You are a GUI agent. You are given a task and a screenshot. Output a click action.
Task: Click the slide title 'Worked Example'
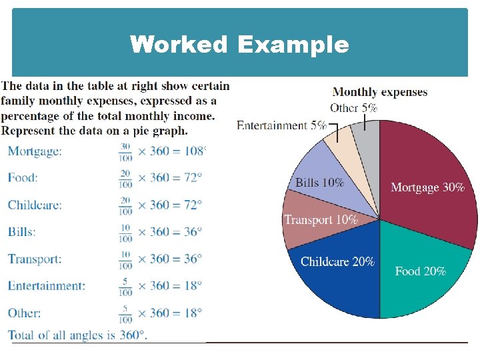coord(239,45)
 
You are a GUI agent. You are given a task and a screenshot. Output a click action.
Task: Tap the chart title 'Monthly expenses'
coord(379,92)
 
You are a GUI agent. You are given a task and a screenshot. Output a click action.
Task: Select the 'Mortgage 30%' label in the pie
coord(427,187)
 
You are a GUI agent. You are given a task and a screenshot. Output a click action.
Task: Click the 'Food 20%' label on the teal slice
coord(420,271)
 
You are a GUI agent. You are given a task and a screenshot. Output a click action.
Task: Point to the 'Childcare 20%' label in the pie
coord(337,261)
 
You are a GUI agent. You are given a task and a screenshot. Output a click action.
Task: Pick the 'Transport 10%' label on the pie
coord(321,219)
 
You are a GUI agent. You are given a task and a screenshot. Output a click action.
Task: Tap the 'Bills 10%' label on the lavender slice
coord(320,182)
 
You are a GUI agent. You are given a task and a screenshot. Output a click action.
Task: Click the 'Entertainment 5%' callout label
coord(281,125)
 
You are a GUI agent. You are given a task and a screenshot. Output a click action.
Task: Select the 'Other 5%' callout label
coord(353,107)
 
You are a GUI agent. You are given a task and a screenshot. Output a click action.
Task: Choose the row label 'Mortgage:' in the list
coord(35,151)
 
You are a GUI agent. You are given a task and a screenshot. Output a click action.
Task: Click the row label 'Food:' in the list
coord(23,177)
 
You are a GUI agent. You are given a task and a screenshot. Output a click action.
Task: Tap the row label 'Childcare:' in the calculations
coord(35,205)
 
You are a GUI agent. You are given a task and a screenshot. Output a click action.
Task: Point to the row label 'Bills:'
coord(21,231)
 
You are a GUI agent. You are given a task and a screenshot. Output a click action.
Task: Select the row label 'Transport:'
coord(35,259)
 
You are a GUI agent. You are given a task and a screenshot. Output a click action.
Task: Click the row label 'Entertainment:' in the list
coord(47,286)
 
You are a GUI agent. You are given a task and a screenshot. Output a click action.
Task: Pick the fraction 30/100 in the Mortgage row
coord(125,151)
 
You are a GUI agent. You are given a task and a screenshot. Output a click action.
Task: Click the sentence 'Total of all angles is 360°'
coord(77,335)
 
